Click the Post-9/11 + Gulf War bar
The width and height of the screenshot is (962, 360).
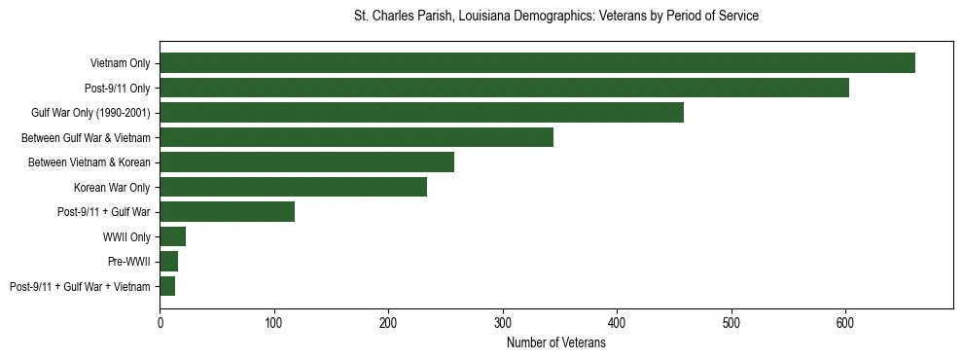227,212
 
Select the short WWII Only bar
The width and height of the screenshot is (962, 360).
172,236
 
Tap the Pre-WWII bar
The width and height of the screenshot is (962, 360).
168,262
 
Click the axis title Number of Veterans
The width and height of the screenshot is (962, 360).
555,343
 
